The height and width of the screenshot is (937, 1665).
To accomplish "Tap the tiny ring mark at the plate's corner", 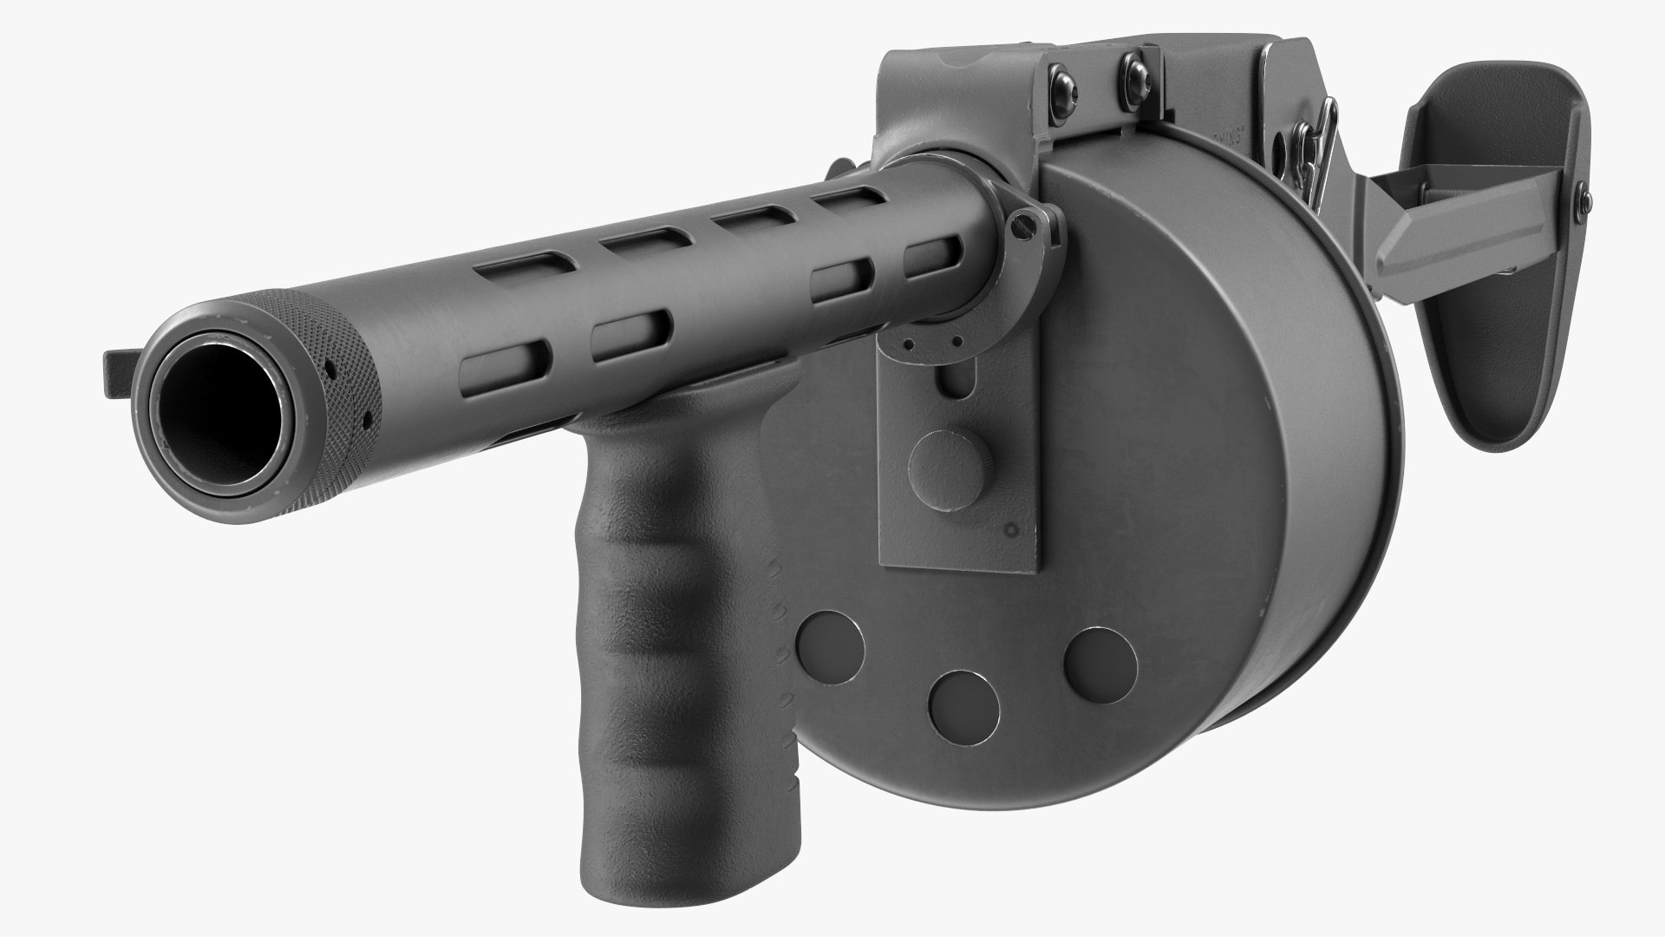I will coord(1009,530).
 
